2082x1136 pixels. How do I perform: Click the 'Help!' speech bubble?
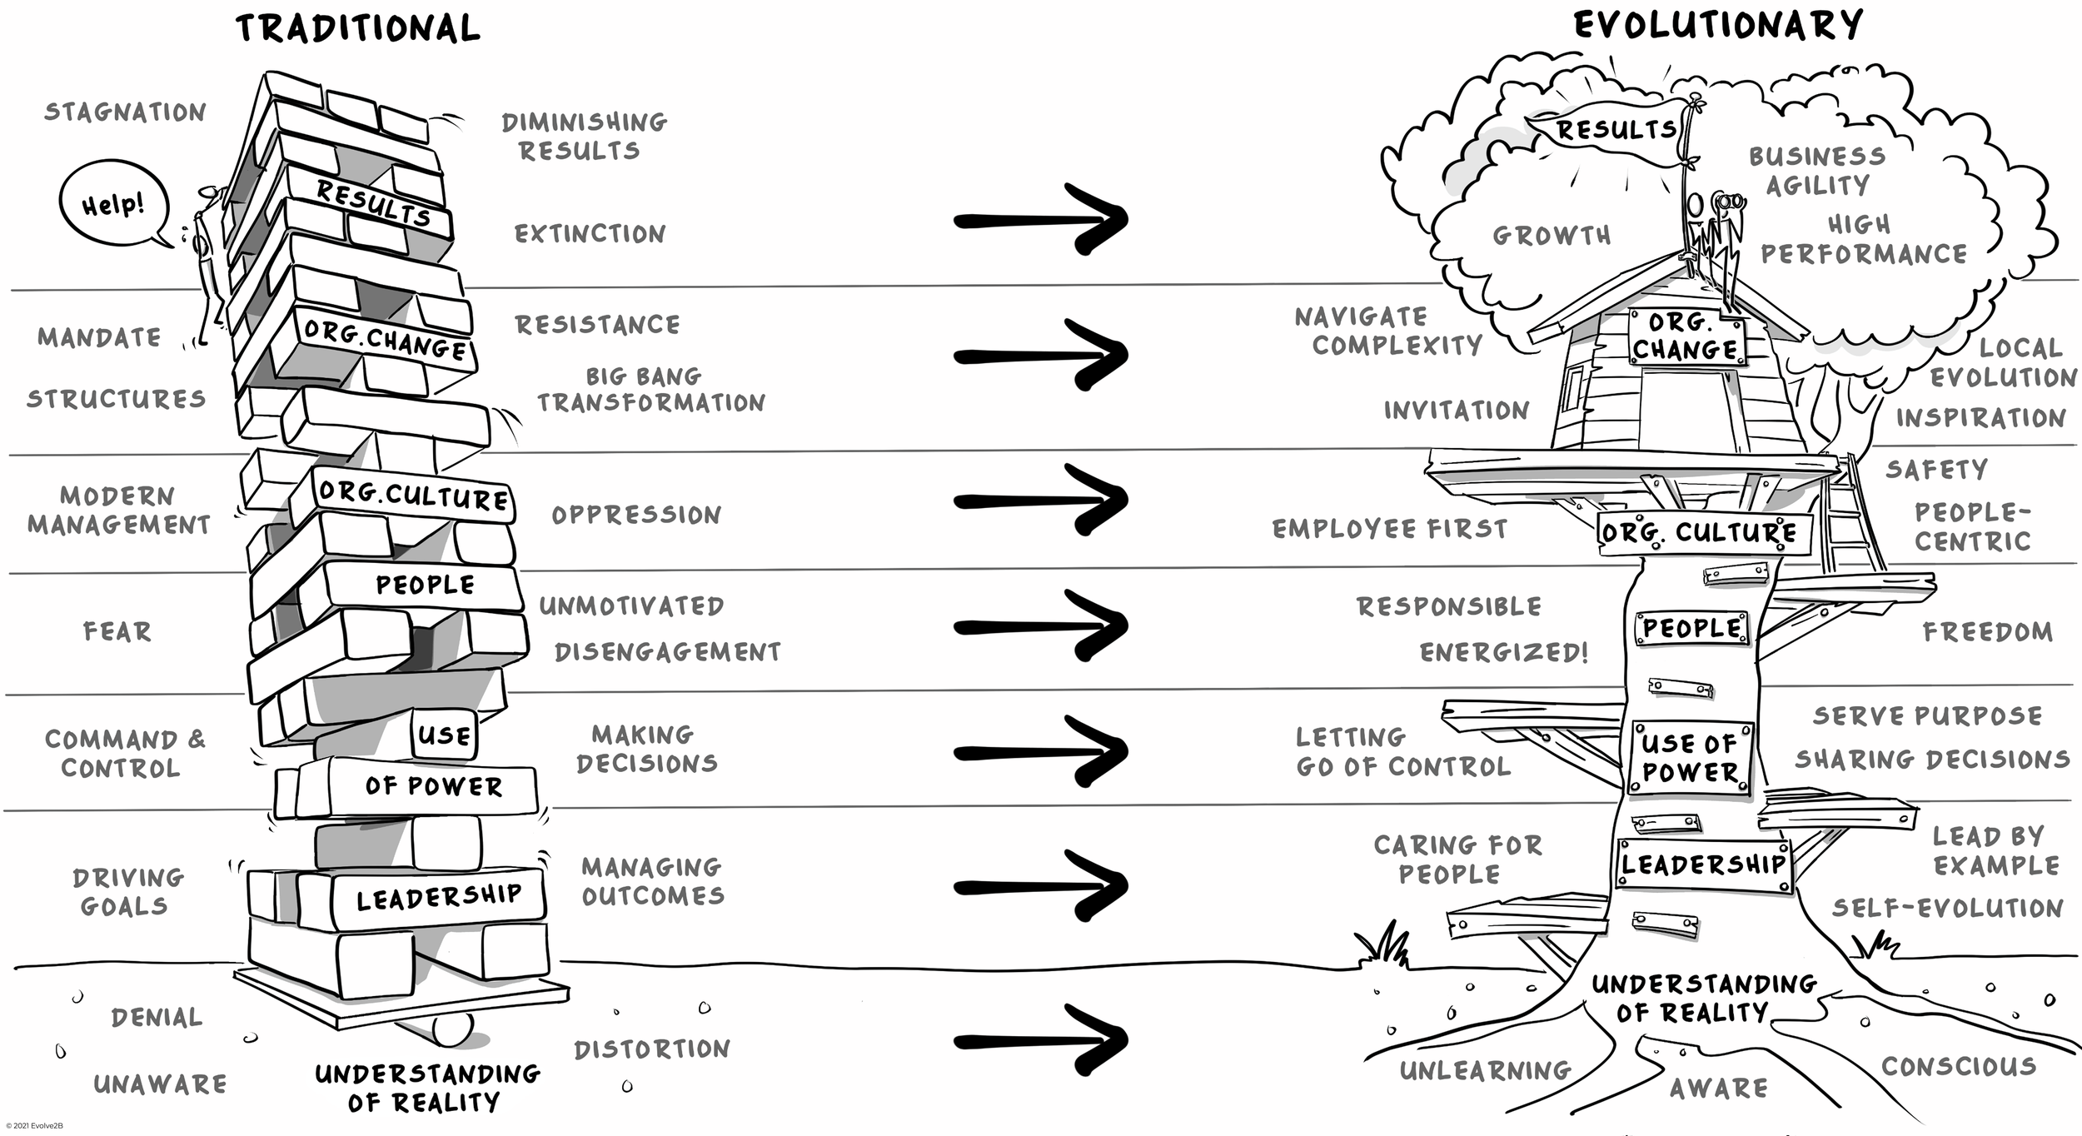click(113, 204)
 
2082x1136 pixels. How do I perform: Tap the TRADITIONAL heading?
click(358, 27)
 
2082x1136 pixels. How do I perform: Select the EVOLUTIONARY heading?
click(1717, 25)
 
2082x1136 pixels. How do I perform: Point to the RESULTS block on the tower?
click(373, 203)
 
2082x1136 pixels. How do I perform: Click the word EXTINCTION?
click(590, 234)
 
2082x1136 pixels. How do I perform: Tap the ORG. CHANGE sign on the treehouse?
click(1685, 336)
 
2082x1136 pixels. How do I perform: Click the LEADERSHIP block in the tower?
click(438, 898)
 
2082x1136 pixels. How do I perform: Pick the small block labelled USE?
click(445, 735)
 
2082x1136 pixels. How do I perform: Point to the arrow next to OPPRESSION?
click(1041, 500)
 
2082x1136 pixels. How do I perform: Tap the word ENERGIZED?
click(1504, 652)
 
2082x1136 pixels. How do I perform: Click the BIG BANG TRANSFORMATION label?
click(650, 390)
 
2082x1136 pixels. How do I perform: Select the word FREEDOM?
click(1987, 632)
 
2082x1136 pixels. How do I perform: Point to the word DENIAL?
click(157, 1017)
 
